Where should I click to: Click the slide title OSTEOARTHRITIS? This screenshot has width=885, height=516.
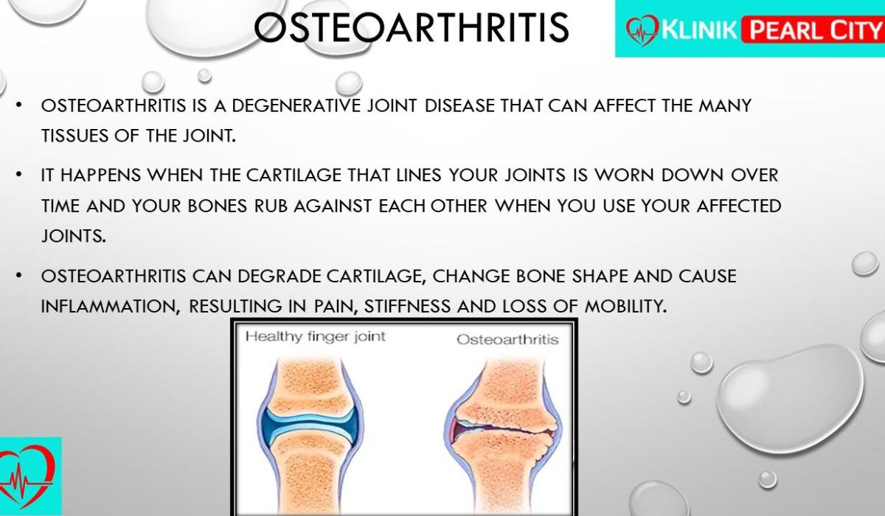point(412,27)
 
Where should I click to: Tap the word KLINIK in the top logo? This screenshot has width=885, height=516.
point(699,29)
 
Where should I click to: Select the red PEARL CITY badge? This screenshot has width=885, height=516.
point(813,29)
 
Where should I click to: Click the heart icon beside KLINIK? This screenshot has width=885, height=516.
point(642,30)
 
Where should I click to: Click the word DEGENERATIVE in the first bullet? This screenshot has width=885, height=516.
point(296,106)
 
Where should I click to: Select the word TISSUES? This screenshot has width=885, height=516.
point(74,136)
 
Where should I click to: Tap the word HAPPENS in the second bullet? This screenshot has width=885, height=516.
point(101,175)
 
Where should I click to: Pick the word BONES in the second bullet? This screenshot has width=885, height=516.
point(218,206)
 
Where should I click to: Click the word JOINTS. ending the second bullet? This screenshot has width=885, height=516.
point(74,236)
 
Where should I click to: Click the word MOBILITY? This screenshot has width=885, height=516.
point(625,307)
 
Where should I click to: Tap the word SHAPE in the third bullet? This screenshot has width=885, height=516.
point(600,276)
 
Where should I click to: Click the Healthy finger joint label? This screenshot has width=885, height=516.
point(316,337)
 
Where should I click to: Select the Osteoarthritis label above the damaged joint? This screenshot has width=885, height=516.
point(507,340)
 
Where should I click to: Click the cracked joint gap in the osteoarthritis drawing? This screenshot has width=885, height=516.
point(504,428)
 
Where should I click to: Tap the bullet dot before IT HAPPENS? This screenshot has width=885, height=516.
point(18,174)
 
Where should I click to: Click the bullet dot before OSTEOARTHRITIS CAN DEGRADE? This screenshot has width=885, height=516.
point(18,275)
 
